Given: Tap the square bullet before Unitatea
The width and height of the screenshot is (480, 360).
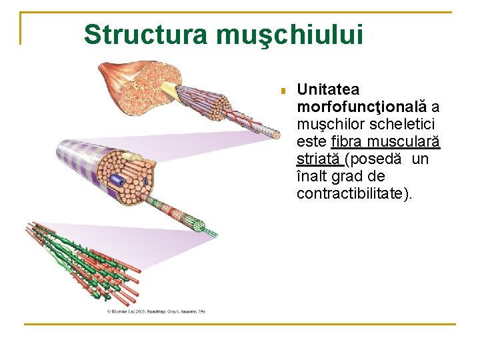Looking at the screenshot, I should tap(283, 90).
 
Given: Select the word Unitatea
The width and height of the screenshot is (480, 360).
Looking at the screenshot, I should tap(328, 89).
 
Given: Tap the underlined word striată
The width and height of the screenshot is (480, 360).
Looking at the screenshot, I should tap(319, 159).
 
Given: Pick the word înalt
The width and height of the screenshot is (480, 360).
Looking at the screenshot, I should tap(313, 177).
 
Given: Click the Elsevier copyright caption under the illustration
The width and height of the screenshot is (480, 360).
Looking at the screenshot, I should tap(156, 311).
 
